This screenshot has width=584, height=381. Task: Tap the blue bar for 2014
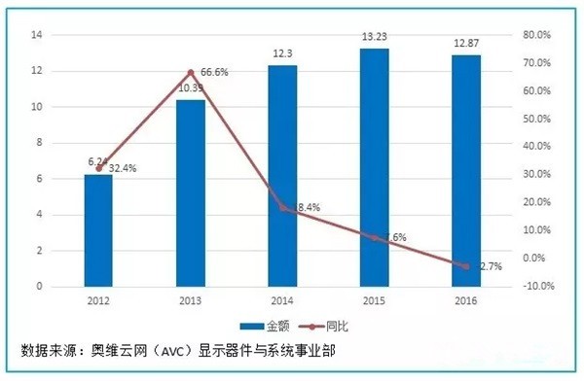click(x=283, y=175)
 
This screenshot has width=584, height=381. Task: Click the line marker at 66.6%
click(x=191, y=73)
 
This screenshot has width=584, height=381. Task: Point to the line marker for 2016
click(x=467, y=265)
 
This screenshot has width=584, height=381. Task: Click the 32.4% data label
click(x=122, y=168)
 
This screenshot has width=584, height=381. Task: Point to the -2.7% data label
click(x=491, y=265)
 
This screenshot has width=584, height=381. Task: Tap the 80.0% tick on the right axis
click(x=538, y=35)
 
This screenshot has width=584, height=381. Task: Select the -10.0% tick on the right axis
click(x=538, y=287)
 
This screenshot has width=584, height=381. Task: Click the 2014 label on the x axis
click(x=283, y=300)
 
